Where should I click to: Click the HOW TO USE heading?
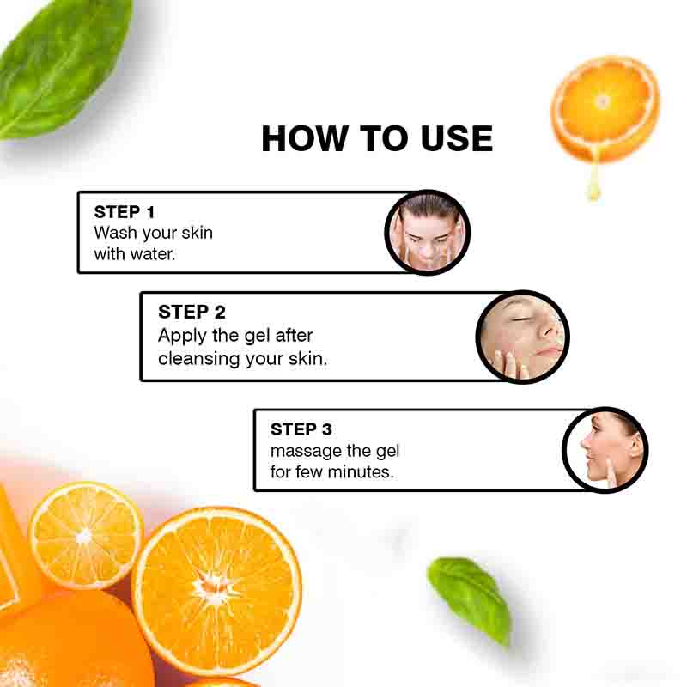coord(377,138)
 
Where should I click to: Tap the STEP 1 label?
coord(125,211)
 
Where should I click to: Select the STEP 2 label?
coord(192,312)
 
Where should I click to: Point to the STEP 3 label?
coord(301,429)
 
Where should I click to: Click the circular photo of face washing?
coord(427,233)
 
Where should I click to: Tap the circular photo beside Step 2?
coord(522,336)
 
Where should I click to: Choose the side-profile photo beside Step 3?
coord(605,450)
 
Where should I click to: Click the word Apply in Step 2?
coord(183,336)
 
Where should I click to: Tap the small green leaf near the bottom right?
coord(470,597)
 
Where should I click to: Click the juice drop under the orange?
coord(593,185)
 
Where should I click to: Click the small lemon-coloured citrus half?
coord(85,534)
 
